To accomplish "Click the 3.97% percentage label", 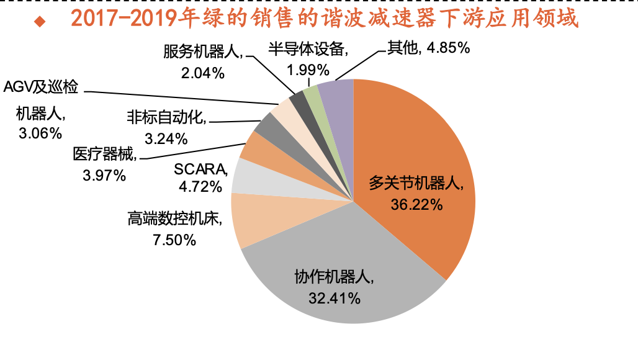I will tap(104, 176).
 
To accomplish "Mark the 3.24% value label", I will tap(166, 138).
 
